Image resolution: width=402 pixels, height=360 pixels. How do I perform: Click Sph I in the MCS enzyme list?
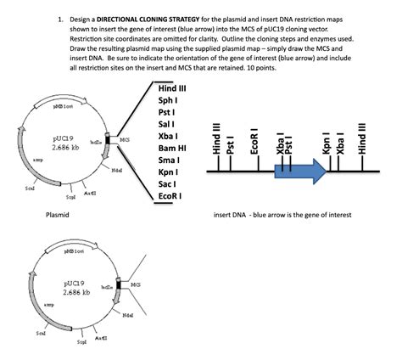pyautogui.click(x=167, y=100)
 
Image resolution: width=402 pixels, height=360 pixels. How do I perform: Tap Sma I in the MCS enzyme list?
pyautogui.click(x=169, y=160)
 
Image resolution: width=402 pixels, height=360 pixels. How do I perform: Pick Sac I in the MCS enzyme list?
pyautogui.click(x=167, y=183)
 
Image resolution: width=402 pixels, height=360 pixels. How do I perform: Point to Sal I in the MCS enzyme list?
pyautogui.click(x=166, y=124)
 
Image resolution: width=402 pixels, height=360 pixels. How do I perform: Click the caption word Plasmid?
pyautogui.click(x=58, y=216)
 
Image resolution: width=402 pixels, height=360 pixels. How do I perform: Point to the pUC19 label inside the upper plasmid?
pyautogui.click(x=65, y=137)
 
